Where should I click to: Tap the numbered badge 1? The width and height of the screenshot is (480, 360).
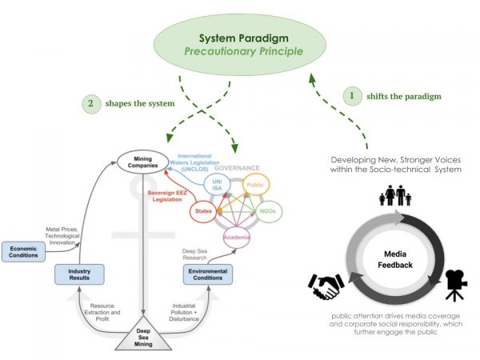tap(350, 96)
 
